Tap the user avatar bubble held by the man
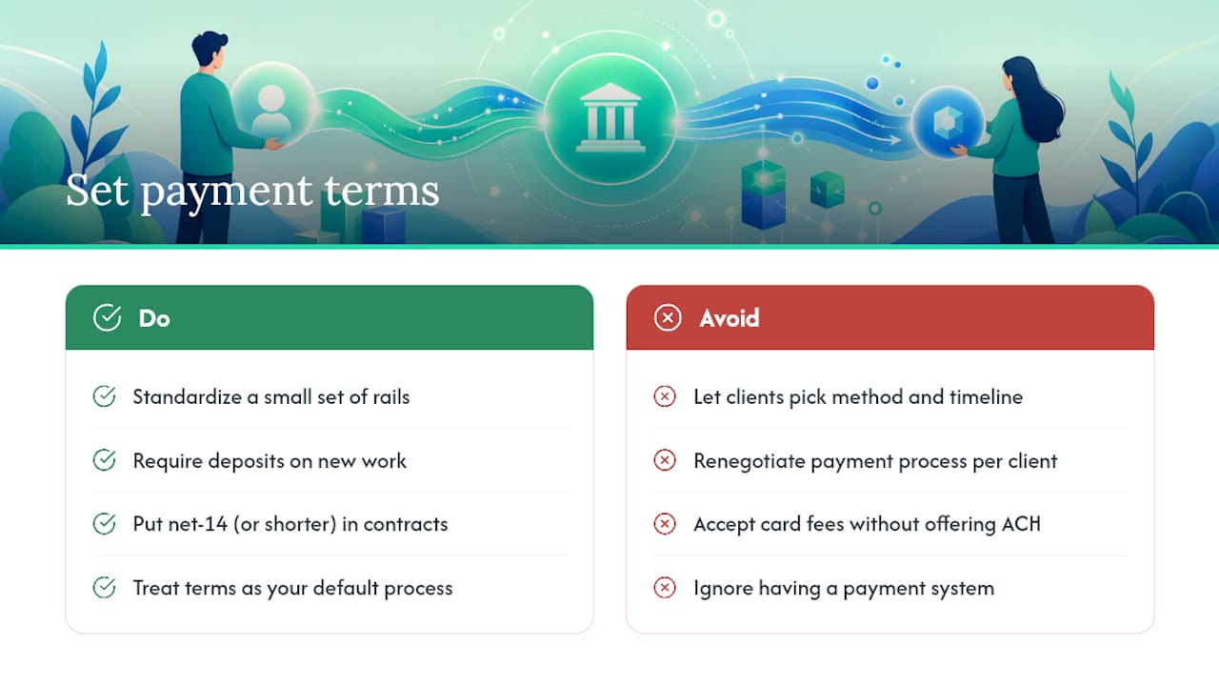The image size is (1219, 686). (272, 105)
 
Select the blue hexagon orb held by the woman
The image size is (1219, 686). (948, 123)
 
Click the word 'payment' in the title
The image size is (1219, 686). (227, 192)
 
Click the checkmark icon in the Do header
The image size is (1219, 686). (108, 317)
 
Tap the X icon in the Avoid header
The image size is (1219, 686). (668, 317)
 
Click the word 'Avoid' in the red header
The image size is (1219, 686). (729, 318)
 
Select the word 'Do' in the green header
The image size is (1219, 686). (154, 318)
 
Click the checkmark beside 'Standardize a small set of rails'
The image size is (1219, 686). (104, 396)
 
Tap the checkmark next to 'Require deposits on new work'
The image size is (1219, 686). (104, 460)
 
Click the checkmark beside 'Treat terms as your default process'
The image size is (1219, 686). (104, 588)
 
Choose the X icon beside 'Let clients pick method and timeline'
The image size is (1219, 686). (665, 396)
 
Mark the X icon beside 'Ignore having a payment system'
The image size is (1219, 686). (665, 588)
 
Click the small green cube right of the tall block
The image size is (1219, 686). (828, 189)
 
